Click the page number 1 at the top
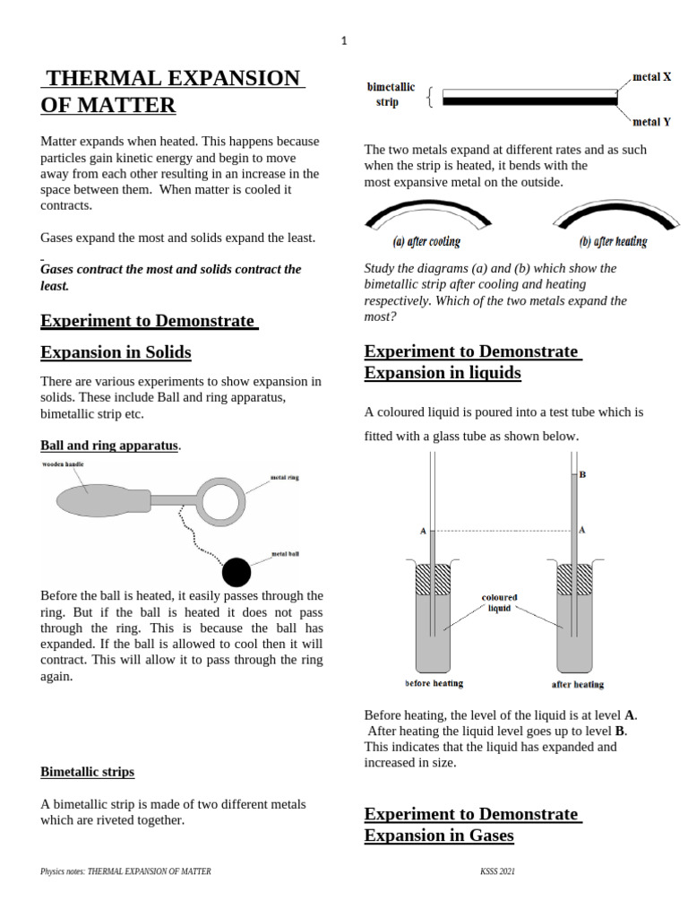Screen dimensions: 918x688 (x=343, y=39)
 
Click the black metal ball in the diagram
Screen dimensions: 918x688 (x=236, y=571)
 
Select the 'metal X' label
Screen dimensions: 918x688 (x=651, y=77)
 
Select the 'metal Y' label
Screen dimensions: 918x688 (x=651, y=122)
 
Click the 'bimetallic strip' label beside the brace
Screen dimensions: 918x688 (x=391, y=94)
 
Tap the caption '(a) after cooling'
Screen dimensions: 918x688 (x=426, y=241)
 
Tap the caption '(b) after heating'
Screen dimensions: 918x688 (x=614, y=241)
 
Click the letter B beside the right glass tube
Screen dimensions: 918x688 (x=582, y=474)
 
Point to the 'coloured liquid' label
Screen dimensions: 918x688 (x=499, y=602)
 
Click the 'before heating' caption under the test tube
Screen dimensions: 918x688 (x=434, y=683)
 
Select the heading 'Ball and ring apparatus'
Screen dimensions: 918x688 (x=109, y=445)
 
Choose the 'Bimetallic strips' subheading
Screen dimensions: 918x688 (x=87, y=771)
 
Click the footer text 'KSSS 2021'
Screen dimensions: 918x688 (x=497, y=871)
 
